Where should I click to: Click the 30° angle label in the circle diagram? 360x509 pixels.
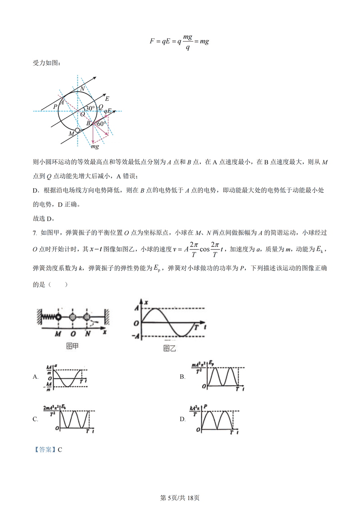[x=90, y=108]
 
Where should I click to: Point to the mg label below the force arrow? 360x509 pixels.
[x=95, y=147]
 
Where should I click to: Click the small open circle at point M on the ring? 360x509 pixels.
[x=78, y=130]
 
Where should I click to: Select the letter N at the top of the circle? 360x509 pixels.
[x=82, y=88]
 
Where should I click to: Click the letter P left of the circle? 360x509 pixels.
[x=55, y=107]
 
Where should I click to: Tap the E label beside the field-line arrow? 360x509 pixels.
[x=107, y=98]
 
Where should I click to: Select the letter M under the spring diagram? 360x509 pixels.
[x=58, y=333]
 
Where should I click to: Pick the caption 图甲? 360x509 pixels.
[x=72, y=346]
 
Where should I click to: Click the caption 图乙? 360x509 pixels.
[x=170, y=348]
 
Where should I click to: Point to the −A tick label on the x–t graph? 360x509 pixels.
[x=135, y=336]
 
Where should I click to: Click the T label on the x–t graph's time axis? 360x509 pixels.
[x=196, y=327]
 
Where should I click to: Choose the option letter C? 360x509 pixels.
[x=35, y=419]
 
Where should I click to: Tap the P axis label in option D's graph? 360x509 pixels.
[x=205, y=407]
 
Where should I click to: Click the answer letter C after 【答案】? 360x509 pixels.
[x=60, y=449]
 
